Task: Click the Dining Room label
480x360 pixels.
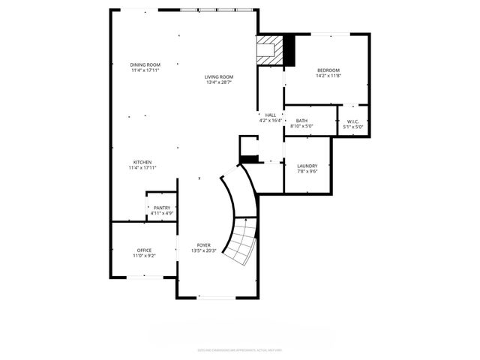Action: [x=145, y=65]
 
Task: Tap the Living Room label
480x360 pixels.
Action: [x=220, y=76]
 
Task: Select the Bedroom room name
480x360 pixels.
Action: [x=328, y=70]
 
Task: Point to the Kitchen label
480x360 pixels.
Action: [x=142, y=163]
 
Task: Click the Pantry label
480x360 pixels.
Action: [x=162, y=208]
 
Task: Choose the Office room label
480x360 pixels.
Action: [x=144, y=250]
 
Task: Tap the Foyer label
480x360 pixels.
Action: [x=204, y=245]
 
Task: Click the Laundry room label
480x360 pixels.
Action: [x=307, y=166]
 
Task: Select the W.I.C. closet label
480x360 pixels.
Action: [x=352, y=121]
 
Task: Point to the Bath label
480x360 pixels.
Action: [x=301, y=121]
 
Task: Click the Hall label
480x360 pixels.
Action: [x=270, y=115]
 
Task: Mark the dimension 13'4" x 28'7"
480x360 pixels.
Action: [x=220, y=82]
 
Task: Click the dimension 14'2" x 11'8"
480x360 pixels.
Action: [x=328, y=76]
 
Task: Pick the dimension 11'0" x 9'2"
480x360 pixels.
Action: [x=144, y=256]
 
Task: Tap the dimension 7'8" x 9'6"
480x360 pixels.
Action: [x=307, y=172]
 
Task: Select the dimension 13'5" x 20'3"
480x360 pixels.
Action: [x=204, y=251]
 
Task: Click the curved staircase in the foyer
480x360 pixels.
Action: [x=241, y=240]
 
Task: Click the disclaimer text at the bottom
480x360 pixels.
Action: [x=240, y=349]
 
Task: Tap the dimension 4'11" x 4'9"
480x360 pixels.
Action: [x=162, y=214]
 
